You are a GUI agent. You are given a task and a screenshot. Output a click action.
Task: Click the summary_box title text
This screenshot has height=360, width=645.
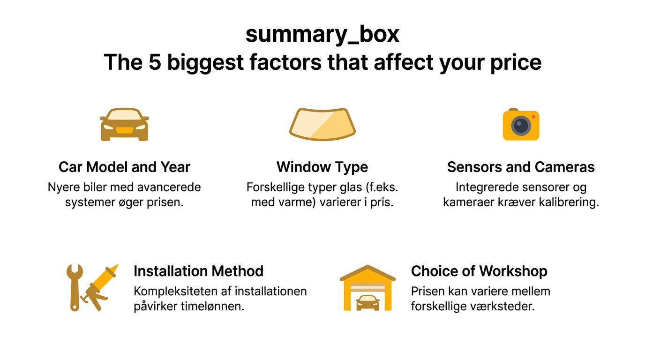[322, 34]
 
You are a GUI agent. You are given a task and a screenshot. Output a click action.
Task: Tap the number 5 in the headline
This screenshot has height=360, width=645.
[155, 62]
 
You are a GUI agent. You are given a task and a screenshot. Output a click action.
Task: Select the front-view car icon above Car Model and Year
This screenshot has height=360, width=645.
[124, 124]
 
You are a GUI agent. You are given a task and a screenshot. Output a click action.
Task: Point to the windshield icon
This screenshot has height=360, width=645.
[322, 124]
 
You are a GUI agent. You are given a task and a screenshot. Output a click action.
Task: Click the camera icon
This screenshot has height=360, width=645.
[521, 125]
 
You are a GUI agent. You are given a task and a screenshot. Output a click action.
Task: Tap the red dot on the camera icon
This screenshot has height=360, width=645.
[533, 117]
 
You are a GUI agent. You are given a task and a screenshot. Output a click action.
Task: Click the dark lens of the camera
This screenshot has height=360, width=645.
[520, 126]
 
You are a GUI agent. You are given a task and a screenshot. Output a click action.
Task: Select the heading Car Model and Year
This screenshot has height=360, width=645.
[124, 167]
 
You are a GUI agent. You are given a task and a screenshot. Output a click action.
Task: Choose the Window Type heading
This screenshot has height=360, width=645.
[322, 167]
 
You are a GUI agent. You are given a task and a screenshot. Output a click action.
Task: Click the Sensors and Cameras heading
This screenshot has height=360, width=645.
[521, 167]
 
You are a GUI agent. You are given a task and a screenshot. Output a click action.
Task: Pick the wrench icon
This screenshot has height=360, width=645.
[75, 287]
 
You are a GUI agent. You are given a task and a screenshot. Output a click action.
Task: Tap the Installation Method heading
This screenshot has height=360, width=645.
[198, 271]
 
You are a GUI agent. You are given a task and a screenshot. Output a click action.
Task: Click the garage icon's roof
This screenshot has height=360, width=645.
[367, 272]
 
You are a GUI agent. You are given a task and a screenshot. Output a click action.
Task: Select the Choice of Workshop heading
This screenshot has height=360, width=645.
[479, 271]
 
